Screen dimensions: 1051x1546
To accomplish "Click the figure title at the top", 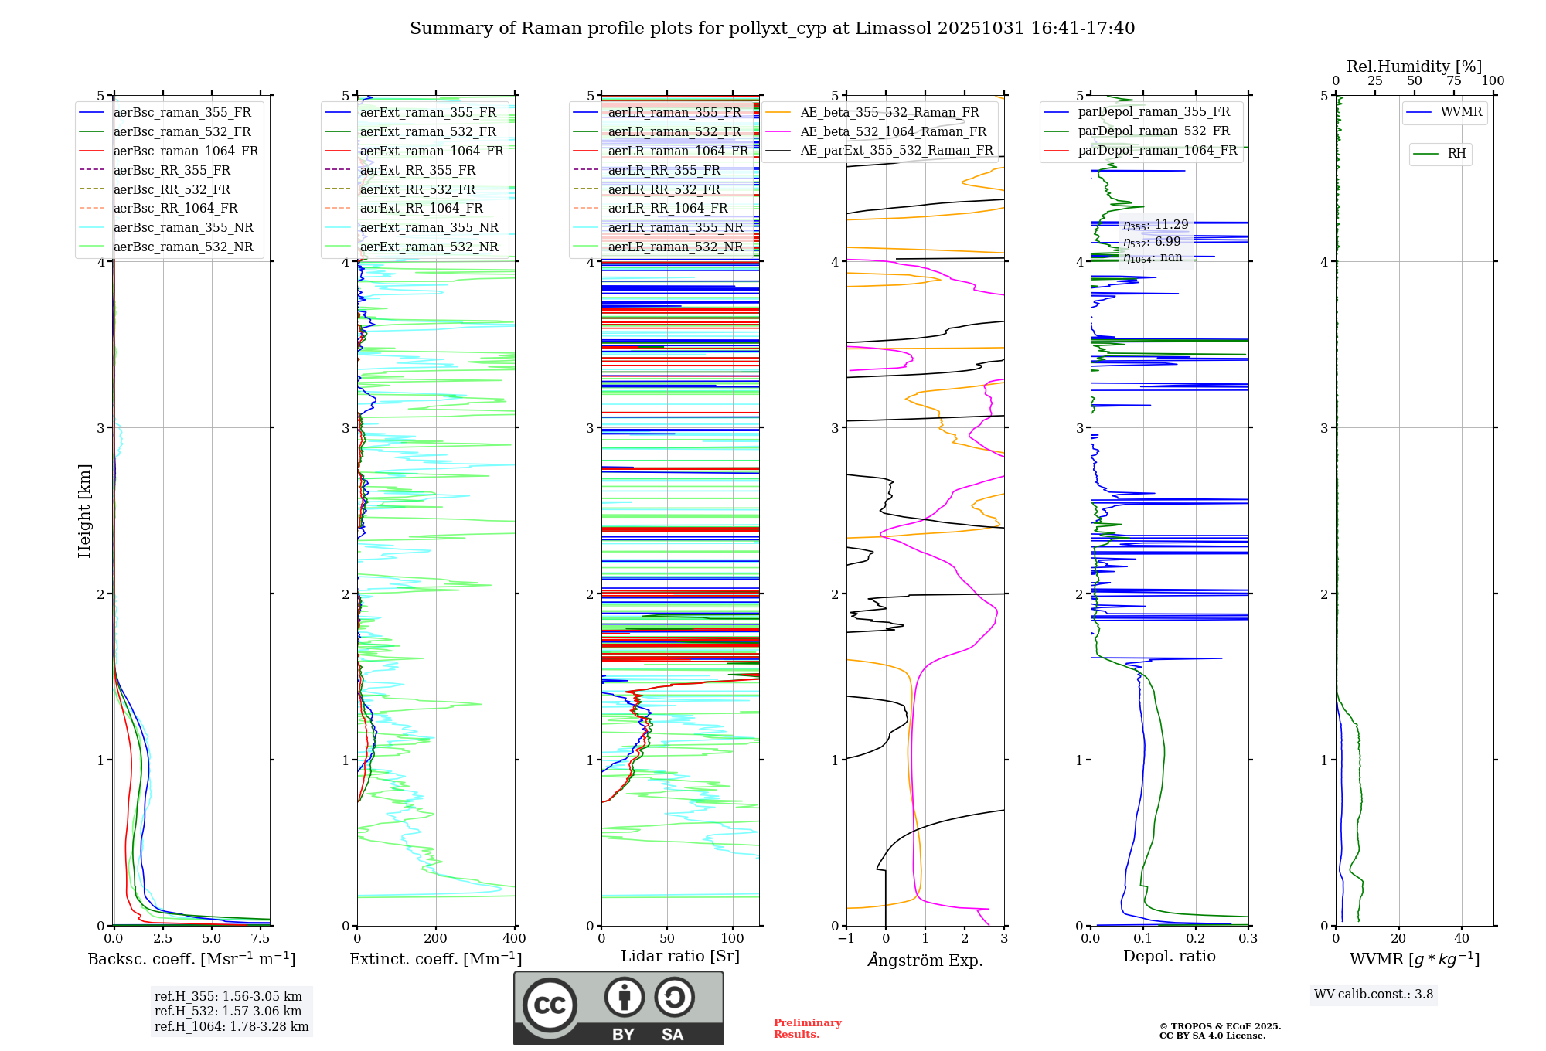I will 772,29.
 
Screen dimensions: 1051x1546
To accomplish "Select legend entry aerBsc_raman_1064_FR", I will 186,151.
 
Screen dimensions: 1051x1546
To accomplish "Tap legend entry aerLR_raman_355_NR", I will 675,227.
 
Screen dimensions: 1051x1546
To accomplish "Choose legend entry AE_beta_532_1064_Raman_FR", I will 893,131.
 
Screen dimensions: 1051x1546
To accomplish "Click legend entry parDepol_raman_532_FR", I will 1153,131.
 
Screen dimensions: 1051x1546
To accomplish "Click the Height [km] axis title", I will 84,511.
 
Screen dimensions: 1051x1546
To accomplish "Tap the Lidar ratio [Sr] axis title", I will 680,956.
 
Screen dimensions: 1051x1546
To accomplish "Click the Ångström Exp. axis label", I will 925,960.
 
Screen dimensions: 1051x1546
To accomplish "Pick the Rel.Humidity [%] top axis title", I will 1414,66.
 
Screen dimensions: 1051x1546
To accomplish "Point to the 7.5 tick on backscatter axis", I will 261,939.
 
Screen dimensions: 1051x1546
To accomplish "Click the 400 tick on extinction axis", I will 514,939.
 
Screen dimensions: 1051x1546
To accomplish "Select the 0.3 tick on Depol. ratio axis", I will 1248,939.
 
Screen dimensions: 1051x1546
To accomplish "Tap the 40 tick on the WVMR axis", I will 1462,939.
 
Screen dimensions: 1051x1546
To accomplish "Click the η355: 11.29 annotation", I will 1156,225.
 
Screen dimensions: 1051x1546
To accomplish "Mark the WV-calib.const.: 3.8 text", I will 1374,995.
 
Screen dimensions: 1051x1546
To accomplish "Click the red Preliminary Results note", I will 807,1029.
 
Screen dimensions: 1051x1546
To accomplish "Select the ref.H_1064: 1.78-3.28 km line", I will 231,1027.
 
